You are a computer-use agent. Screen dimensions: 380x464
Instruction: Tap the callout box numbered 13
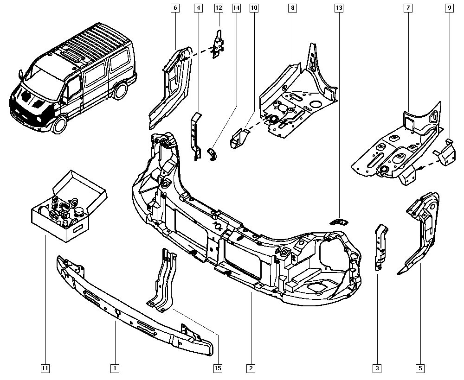[339, 8]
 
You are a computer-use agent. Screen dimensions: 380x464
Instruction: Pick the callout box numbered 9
[449, 8]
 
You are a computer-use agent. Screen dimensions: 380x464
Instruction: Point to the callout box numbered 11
[45, 368]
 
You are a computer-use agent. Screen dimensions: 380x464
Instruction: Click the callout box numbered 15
[217, 368]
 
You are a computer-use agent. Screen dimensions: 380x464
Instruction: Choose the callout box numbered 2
[251, 368]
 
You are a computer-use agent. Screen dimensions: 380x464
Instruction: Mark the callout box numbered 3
[377, 368]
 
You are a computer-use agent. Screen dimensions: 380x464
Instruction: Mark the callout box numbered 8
[292, 8]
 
